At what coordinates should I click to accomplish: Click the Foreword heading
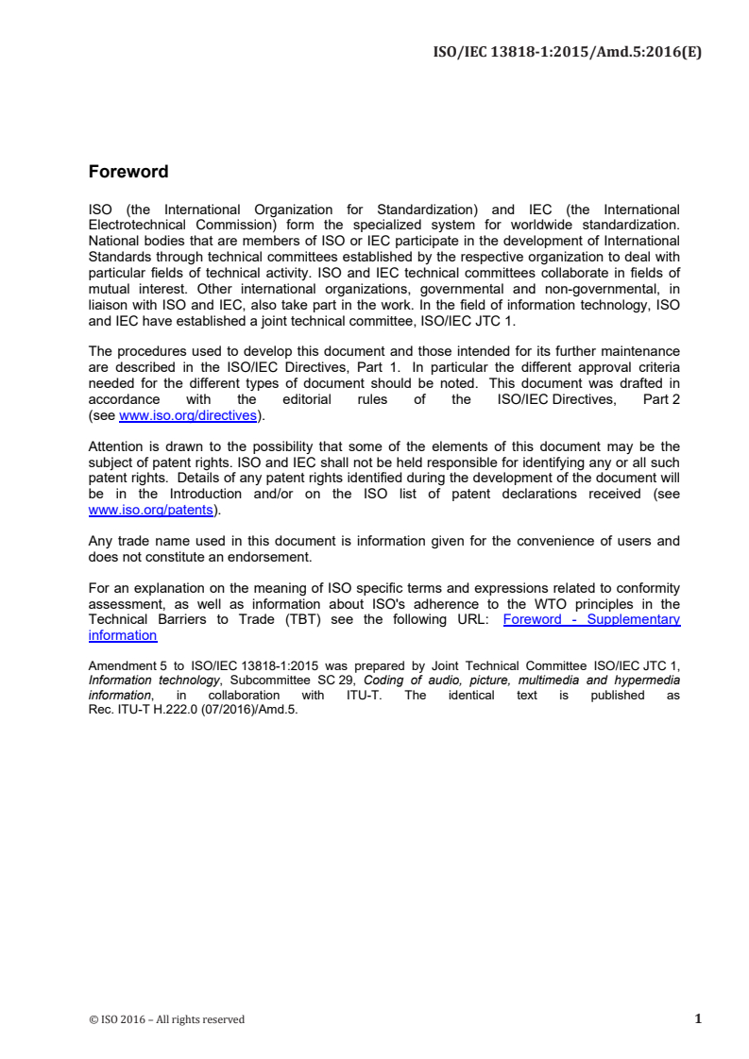[x=128, y=172]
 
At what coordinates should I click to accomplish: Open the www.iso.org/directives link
[x=187, y=413]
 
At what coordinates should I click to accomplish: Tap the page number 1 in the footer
[x=697, y=1018]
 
